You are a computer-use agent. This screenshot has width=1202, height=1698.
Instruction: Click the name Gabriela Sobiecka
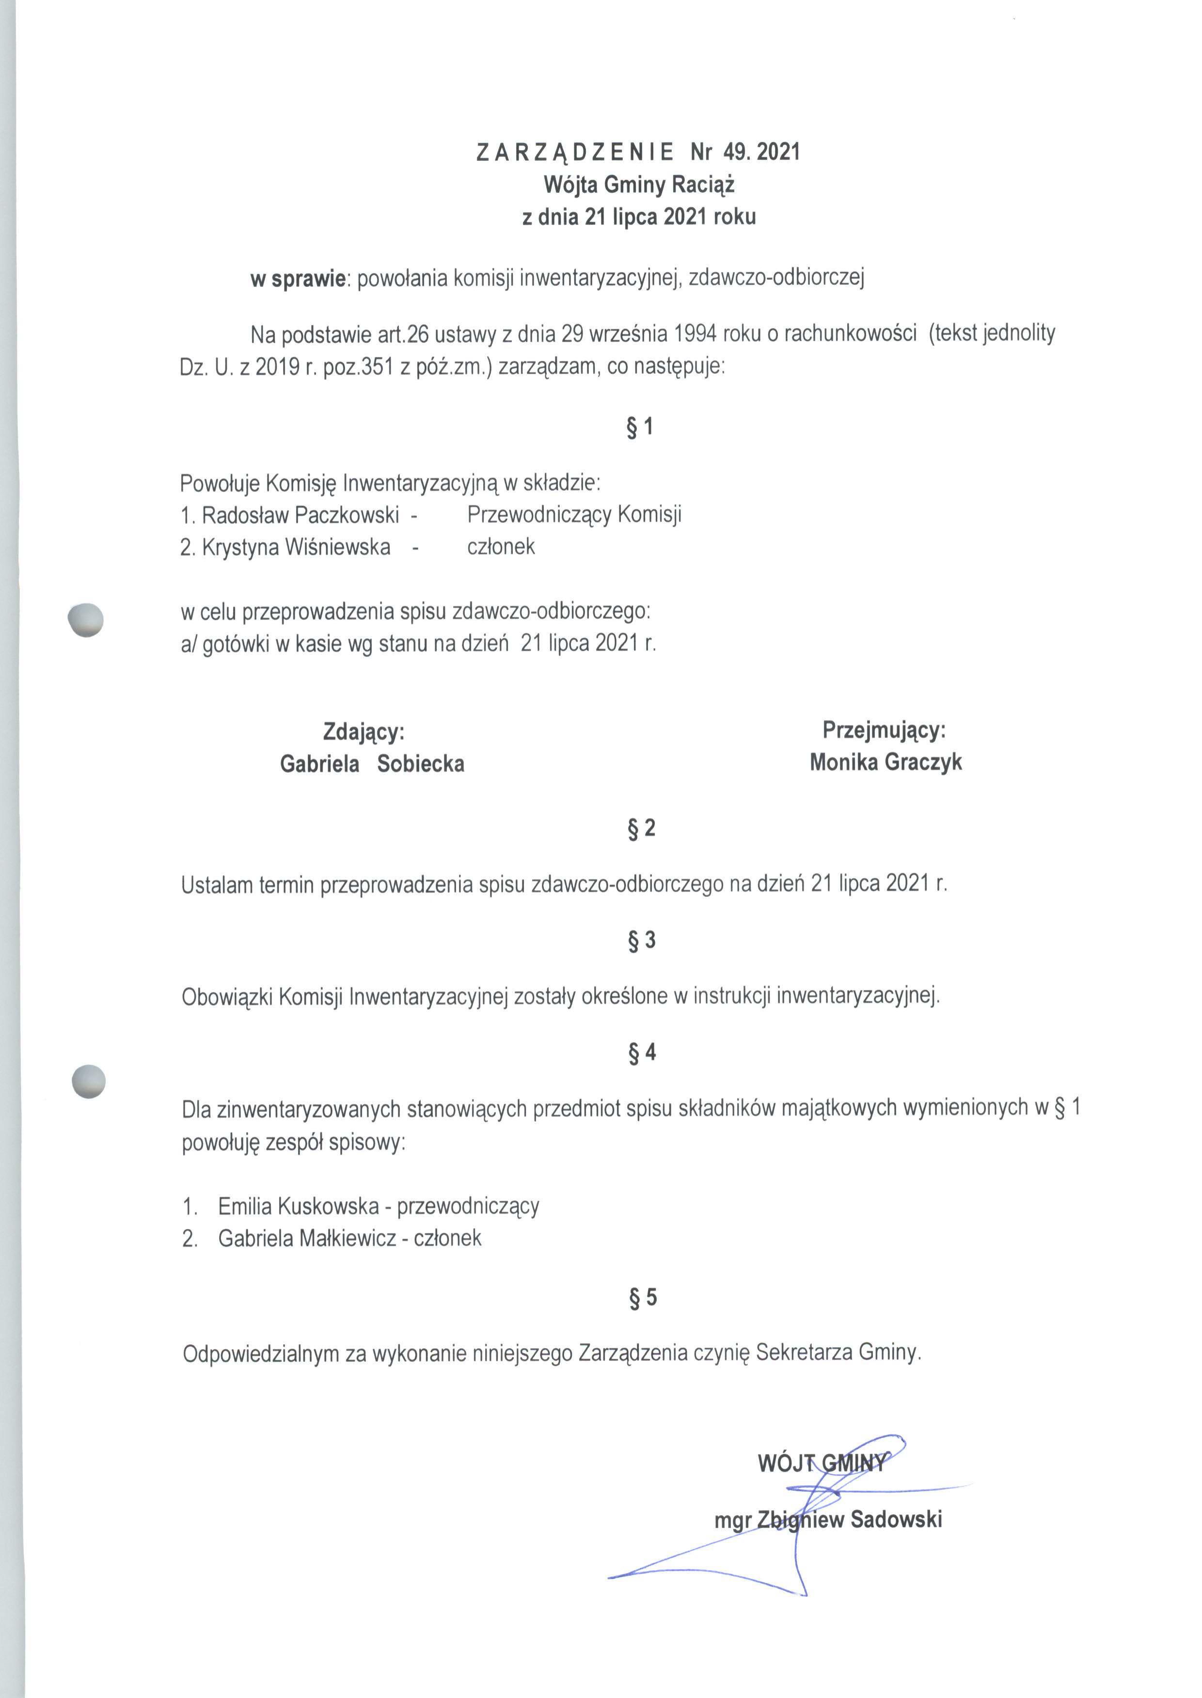click(x=372, y=764)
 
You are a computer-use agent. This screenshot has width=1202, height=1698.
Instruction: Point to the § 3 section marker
click(x=641, y=941)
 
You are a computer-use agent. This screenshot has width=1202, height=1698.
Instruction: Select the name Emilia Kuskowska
click(x=298, y=1207)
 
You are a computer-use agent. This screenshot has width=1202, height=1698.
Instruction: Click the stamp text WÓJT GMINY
click(x=821, y=1462)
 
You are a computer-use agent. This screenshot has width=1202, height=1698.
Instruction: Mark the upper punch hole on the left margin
click(x=85, y=619)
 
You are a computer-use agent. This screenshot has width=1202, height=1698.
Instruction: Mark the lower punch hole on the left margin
click(x=88, y=1081)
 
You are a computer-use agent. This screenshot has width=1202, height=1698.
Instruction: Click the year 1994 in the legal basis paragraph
click(x=696, y=334)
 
